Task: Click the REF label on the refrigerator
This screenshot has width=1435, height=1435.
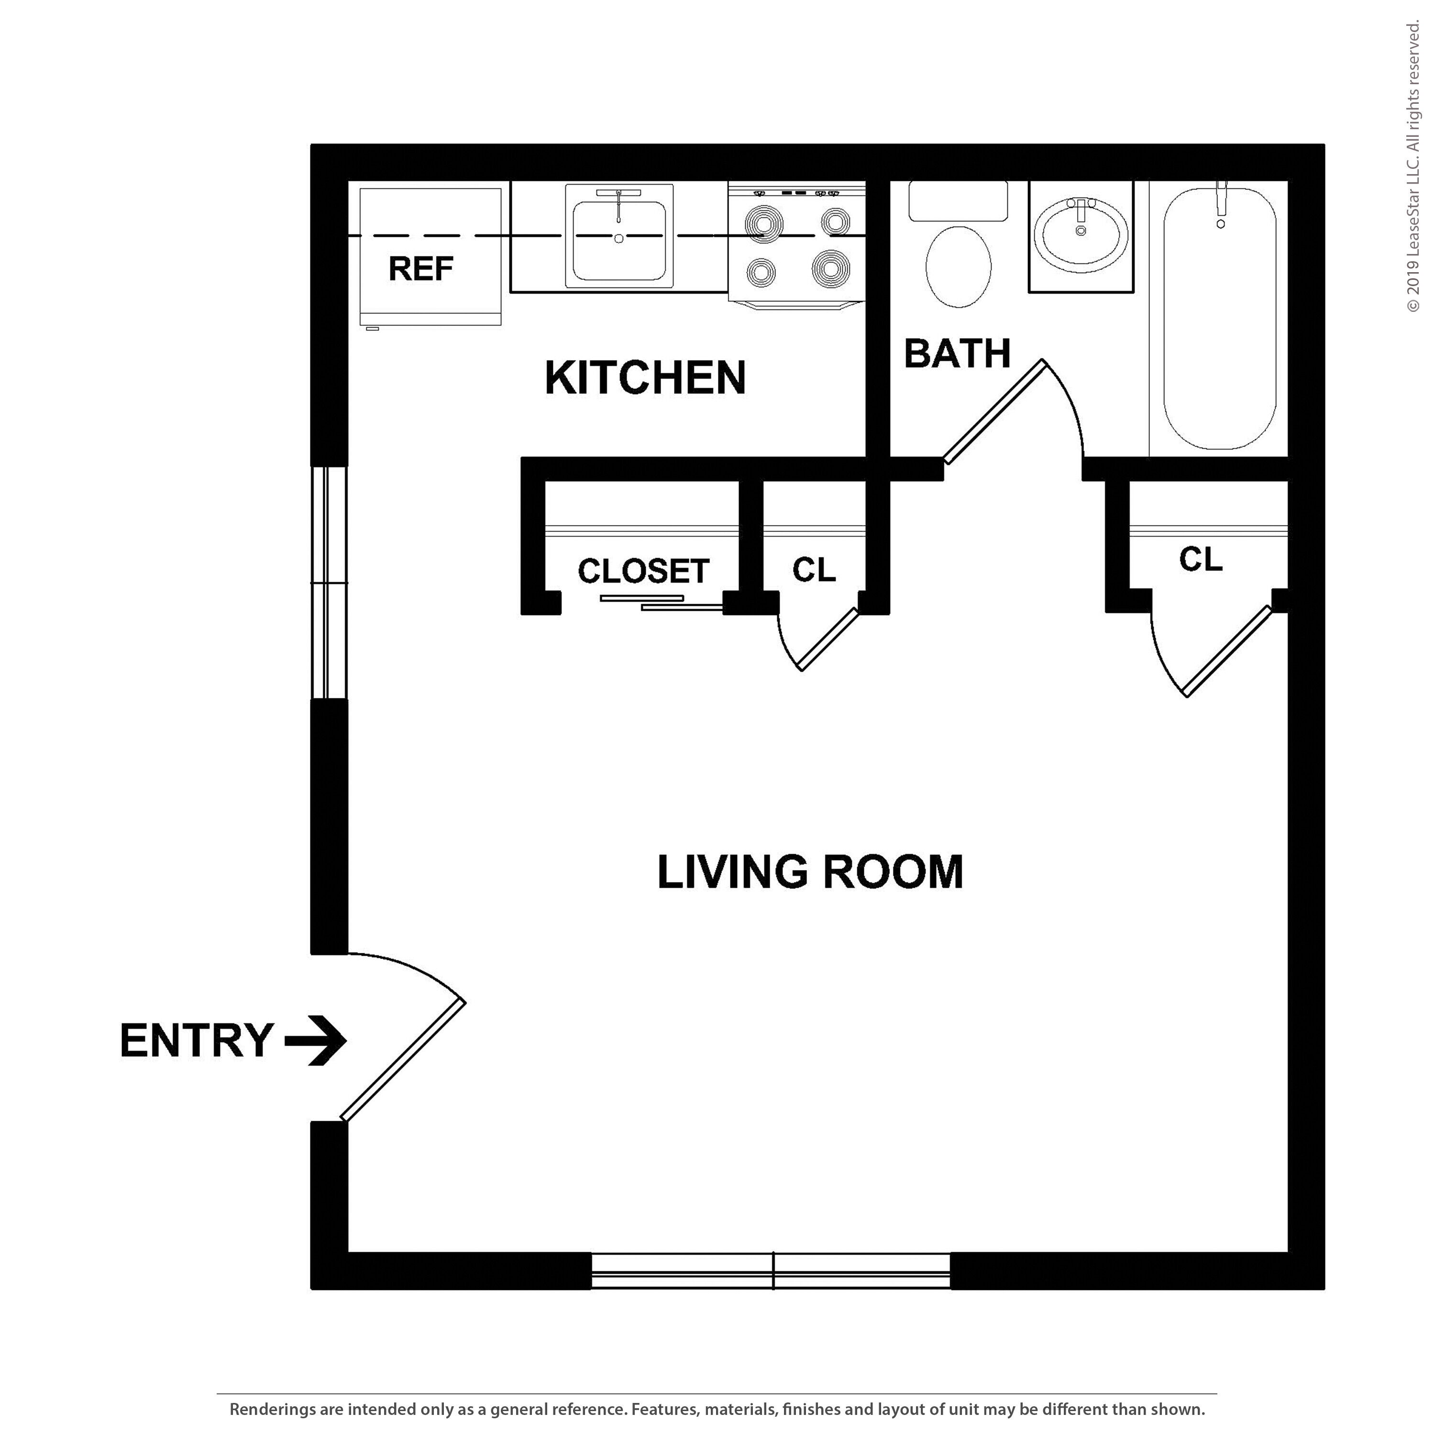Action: pos(420,268)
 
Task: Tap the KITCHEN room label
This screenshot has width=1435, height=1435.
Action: pos(645,377)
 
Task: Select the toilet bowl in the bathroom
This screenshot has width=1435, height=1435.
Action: pos(959,266)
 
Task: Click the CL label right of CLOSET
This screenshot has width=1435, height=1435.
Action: pos(814,570)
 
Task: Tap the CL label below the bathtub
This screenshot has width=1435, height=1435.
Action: pos(1200,559)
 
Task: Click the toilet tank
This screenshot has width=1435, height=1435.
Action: pos(958,200)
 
